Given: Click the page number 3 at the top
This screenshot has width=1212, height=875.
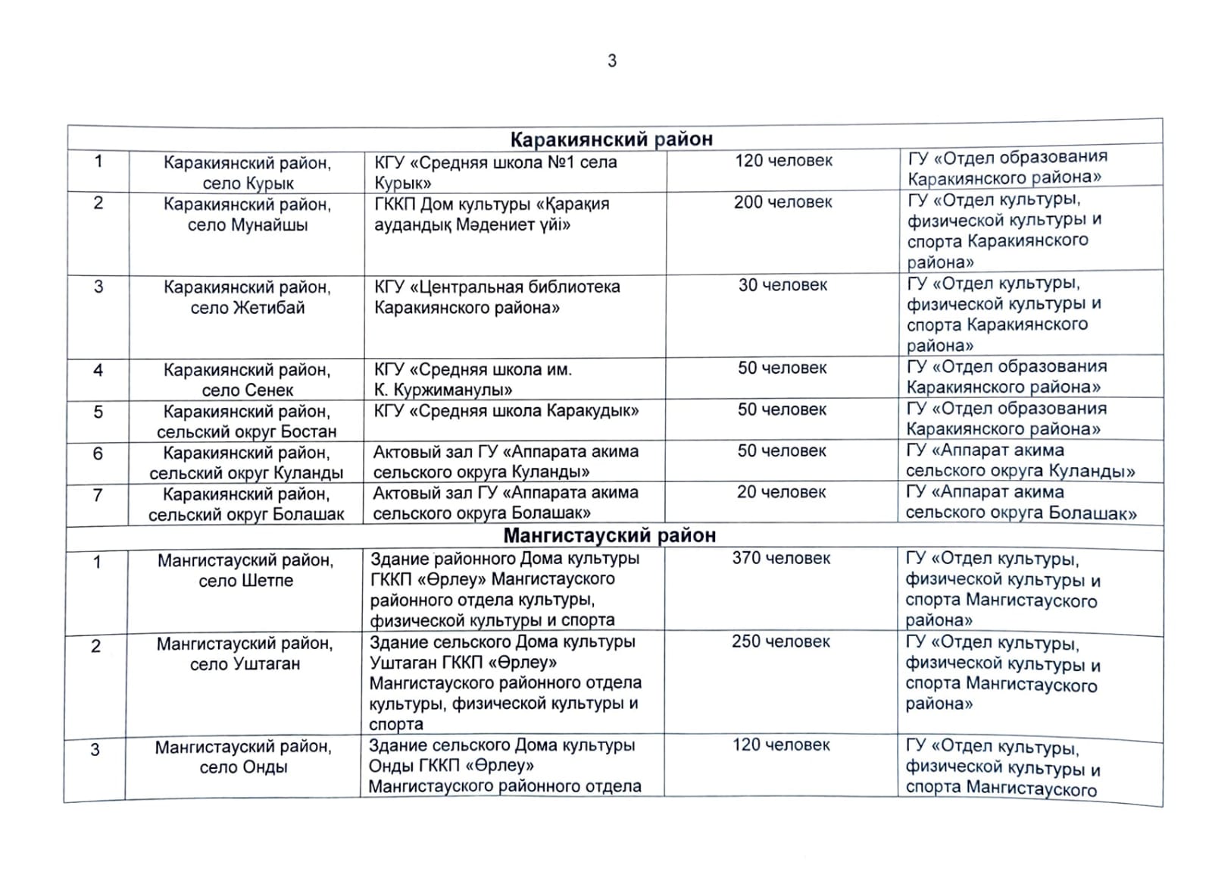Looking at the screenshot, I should pos(612,61).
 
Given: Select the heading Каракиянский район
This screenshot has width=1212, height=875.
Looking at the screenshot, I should pos(611,139).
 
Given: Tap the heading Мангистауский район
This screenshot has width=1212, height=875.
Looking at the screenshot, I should pos(609,535).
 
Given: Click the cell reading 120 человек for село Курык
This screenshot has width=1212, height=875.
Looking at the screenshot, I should pos(783,161).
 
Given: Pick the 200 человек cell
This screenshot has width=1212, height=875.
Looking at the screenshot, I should pos(782,202).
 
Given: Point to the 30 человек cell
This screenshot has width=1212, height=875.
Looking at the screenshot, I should pos(782,285).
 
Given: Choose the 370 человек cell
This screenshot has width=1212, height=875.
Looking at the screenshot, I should pos(781,558).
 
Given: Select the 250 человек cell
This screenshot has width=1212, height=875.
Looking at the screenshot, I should pos(780,641).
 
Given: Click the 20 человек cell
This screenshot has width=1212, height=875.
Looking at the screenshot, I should pos(781,492).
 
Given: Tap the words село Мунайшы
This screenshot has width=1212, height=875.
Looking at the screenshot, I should pos(248,225).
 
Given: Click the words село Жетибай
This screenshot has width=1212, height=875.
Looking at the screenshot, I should pos(248,308).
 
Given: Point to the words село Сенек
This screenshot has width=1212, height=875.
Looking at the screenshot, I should pos(248,390).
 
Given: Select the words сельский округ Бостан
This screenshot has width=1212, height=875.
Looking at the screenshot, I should pos(247,431).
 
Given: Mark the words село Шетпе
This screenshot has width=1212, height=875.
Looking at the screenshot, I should pos(245,581).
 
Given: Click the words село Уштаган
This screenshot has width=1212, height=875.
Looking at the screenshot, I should pos(245,664).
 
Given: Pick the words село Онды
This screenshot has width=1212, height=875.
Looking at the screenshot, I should pos(243,767).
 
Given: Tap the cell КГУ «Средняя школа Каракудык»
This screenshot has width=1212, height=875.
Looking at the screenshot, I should pos(506,411).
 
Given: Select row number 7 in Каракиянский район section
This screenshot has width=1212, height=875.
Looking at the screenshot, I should pos(97,495).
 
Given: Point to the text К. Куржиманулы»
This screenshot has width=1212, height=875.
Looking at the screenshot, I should pos(443,390).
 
